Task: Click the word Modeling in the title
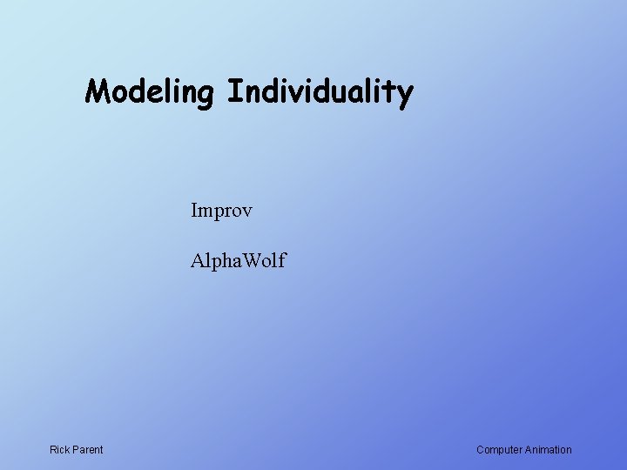click(151, 91)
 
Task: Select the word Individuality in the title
click(320, 91)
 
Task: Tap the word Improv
click(222, 211)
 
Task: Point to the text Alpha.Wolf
click(238, 260)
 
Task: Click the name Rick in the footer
click(60, 450)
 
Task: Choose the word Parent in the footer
click(88, 450)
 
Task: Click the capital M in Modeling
click(97, 91)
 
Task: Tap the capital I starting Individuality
click(233, 91)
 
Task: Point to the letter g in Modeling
click(206, 94)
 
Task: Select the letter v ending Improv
click(247, 212)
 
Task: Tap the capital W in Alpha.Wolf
click(247, 260)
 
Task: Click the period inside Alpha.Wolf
click(235, 266)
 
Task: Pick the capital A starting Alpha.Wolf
click(198, 260)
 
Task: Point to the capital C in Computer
click(481, 450)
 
